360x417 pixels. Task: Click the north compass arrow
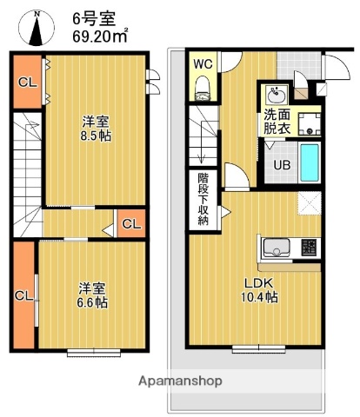[x=36, y=29]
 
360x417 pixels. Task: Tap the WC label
[x=202, y=63]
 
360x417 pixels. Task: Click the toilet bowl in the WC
[x=203, y=85]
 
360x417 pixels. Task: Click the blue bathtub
[x=310, y=162]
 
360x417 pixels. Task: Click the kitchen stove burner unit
[x=310, y=247]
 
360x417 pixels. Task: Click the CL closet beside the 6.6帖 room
[x=23, y=295]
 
